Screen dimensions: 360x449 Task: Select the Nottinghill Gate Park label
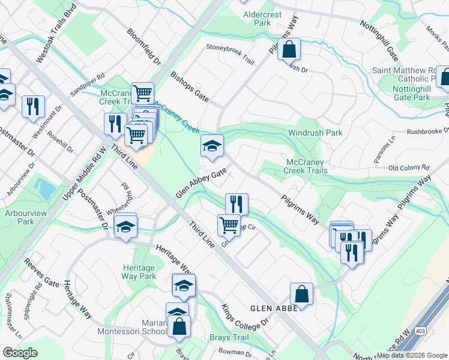pos(411,93)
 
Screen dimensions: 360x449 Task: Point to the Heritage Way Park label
pos(139,271)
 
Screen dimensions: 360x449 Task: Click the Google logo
pos(20,352)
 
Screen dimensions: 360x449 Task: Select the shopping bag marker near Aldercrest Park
pos(289,50)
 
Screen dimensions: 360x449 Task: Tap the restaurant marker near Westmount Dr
pos(33,106)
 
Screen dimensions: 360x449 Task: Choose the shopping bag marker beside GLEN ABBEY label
pos(301,294)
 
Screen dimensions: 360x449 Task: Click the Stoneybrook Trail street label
pos(231,53)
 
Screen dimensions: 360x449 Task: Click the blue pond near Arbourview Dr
pos(45,188)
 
